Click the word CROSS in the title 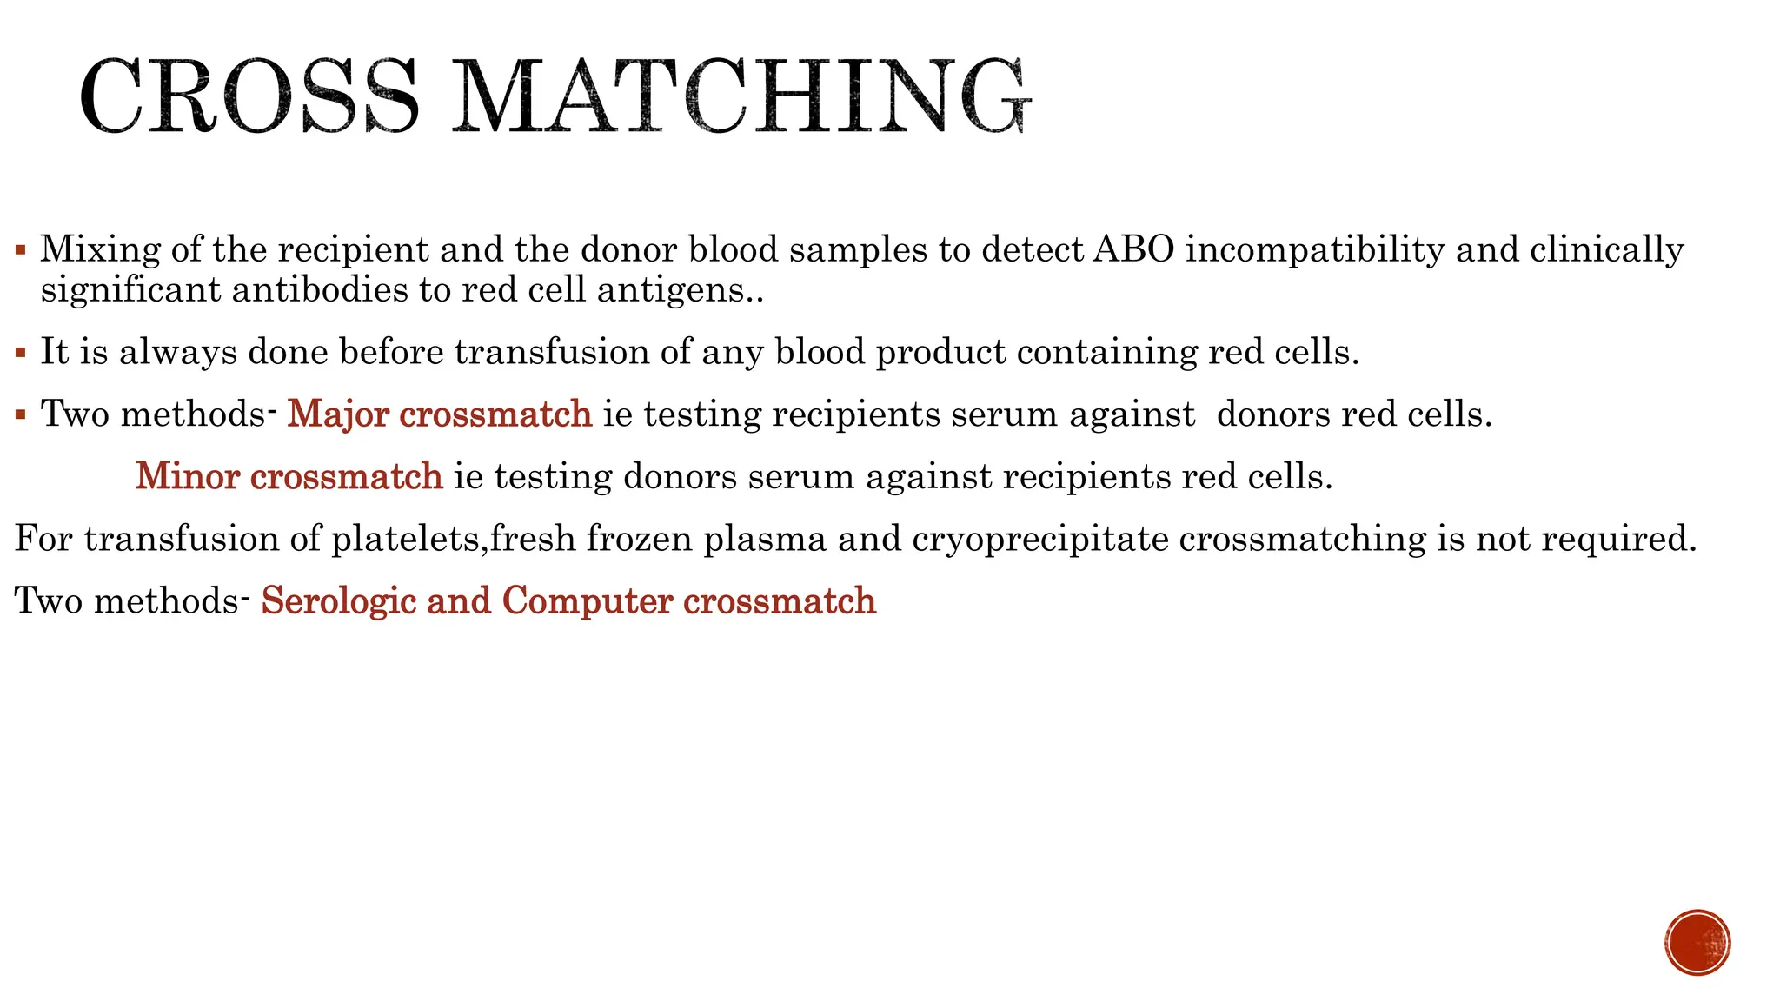[248, 96]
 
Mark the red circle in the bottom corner [1697, 943]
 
